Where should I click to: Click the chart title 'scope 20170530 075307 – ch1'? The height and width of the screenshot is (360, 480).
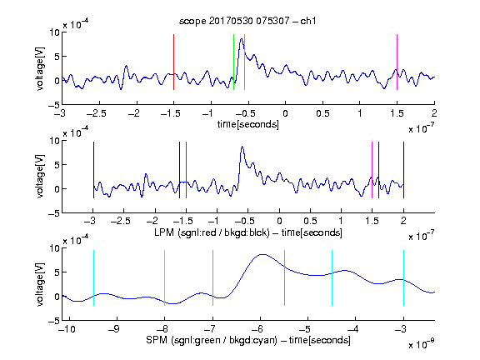(247, 21)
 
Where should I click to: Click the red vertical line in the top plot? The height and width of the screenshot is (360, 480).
(173, 62)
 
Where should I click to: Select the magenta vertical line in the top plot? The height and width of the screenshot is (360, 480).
(397, 62)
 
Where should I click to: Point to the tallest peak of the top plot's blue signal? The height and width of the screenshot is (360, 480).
(242, 39)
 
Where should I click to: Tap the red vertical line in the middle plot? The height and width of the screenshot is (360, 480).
(186, 170)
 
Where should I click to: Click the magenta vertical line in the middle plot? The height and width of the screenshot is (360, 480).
(372, 170)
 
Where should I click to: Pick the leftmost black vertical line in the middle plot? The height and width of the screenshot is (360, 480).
(93, 170)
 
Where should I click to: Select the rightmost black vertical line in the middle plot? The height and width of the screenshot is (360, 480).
(403, 170)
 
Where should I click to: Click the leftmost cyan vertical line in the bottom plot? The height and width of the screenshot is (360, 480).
(93, 278)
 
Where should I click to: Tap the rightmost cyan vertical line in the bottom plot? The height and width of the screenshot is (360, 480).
(403, 278)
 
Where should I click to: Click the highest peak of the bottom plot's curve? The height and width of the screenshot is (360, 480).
(262, 254)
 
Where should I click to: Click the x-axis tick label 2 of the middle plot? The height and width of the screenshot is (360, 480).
(403, 221)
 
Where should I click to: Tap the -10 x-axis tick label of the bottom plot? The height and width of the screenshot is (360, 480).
(67, 329)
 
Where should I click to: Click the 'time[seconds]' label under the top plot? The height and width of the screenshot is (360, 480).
(248, 125)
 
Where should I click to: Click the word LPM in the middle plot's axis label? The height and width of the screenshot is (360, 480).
(164, 232)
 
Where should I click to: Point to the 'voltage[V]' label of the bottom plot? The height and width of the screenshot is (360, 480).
(40, 284)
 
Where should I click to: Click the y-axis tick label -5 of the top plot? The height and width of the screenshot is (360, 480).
(54, 105)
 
